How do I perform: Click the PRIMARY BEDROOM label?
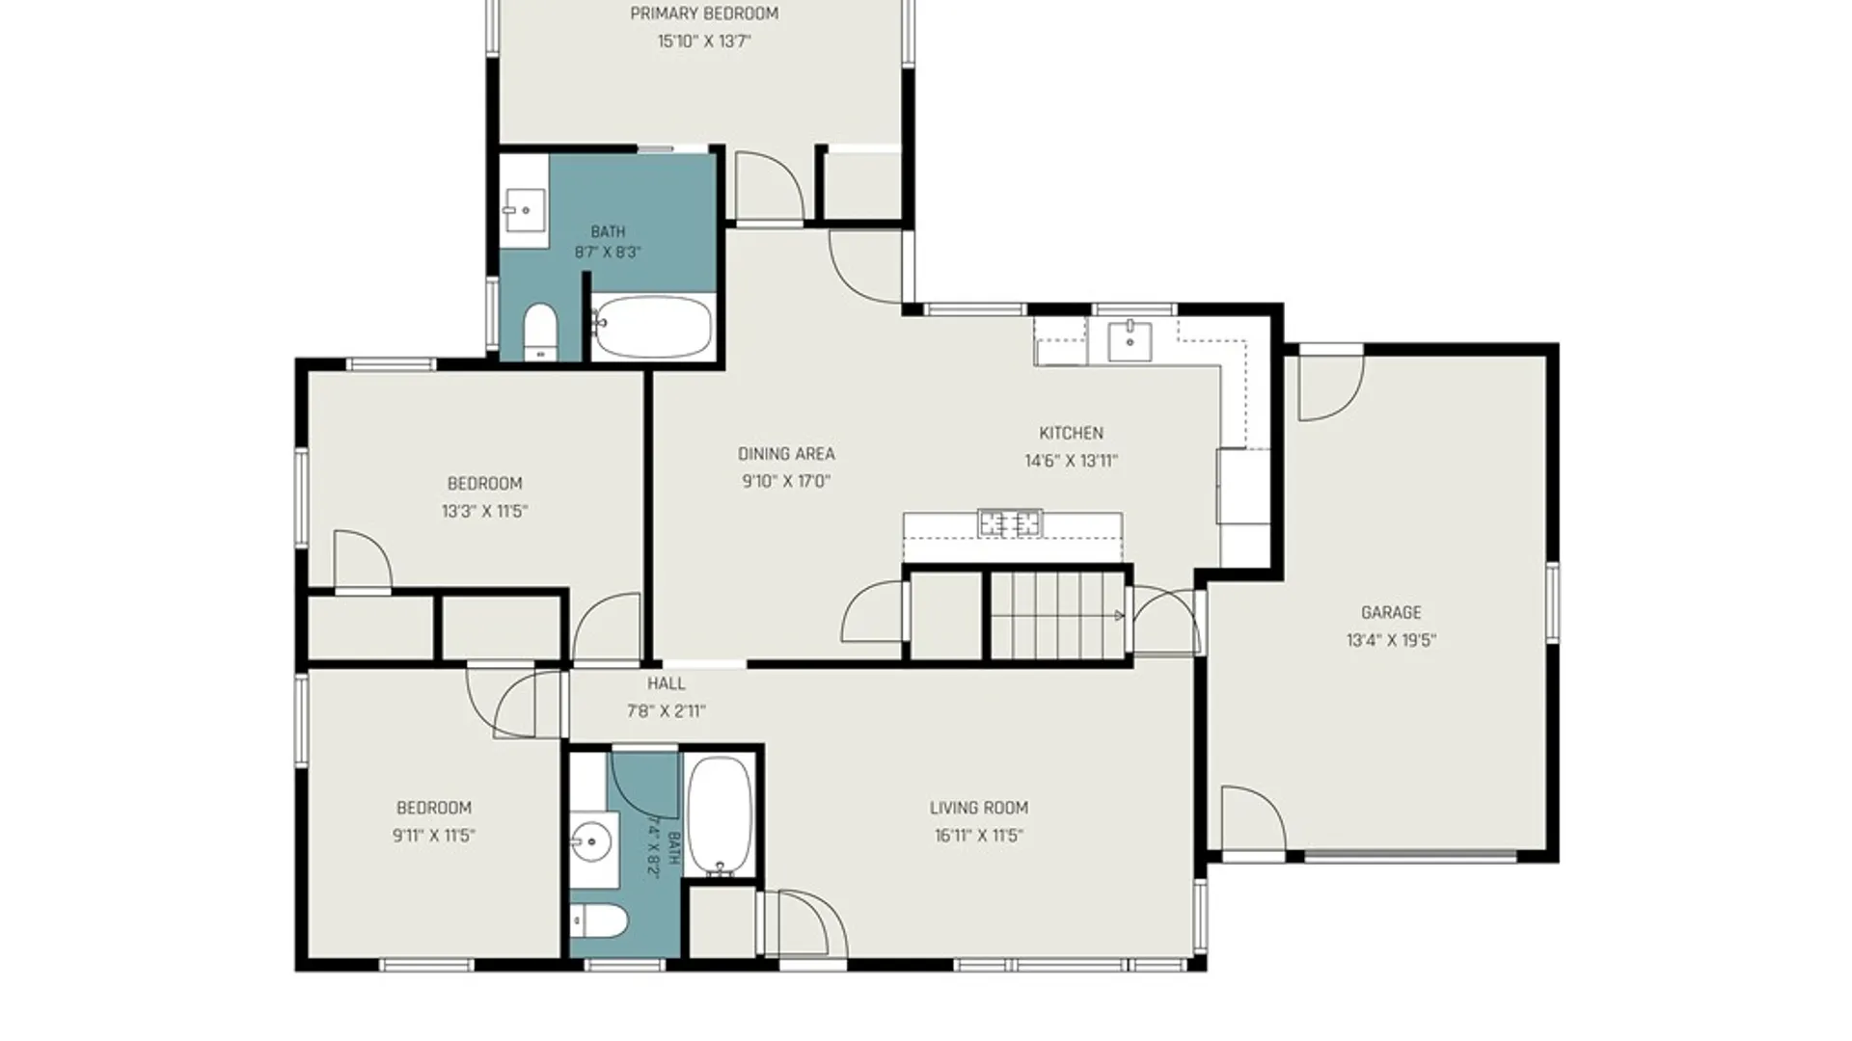pyautogui.click(x=704, y=13)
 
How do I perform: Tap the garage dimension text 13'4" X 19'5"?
pyautogui.click(x=1391, y=640)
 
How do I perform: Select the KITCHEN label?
pyautogui.click(x=1071, y=433)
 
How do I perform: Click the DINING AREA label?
pyautogui.click(x=786, y=454)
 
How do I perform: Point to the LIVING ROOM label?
pyautogui.click(x=978, y=808)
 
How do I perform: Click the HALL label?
pyautogui.click(x=667, y=683)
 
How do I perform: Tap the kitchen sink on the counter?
pyautogui.click(x=1130, y=341)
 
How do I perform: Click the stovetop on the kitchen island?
pyautogui.click(x=1010, y=522)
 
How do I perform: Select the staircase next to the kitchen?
pyautogui.click(x=1058, y=615)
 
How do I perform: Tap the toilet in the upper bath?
pyautogui.click(x=540, y=331)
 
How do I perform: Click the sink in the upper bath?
pyautogui.click(x=524, y=210)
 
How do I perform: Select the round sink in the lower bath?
pyautogui.click(x=592, y=844)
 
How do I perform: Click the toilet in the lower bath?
pyautogui.click(x=599, y=921)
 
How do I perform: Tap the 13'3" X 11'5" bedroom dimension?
pyautogui.click(x=484, y=512)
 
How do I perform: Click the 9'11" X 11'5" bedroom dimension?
pyautogui.click(x=434, y=836)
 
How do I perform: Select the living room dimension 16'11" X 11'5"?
pyautogui.click(x=978, y=836)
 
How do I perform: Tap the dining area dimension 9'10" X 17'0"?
pyautogui.click(x=786, y=481)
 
